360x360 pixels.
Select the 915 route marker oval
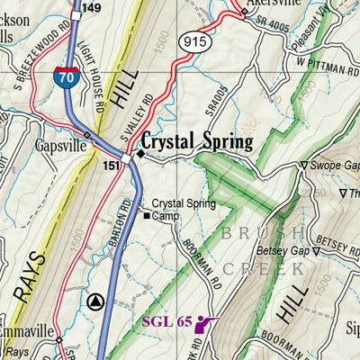point(193,40)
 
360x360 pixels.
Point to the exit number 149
point(91,8)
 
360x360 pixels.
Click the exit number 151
point(112,165)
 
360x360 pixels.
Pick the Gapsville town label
point(60,147)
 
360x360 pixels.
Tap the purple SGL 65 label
point(166,321)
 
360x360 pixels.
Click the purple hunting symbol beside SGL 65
point(206,324)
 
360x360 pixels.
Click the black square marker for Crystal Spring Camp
point(147,216)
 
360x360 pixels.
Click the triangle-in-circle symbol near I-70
point(98,301)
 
